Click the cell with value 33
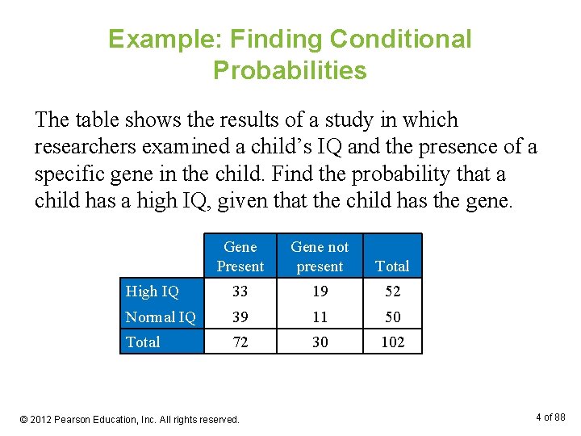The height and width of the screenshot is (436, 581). coord(240,291)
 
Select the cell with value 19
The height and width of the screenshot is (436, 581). coord(320,291)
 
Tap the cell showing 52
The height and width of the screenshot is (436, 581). coord(392,291)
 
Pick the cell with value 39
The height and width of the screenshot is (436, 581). coord(240,317)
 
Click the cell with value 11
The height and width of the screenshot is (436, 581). coord(320,317)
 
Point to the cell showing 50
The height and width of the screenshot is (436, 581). coord(392,317)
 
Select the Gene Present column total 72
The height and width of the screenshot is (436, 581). coord(240,342)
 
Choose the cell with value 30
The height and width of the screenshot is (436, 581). coord(320,342)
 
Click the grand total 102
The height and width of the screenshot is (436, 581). coord(392,342)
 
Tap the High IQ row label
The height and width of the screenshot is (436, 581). coord(153,291)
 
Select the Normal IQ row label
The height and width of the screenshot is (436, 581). coord(161,317)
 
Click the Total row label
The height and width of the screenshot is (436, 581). coord(143,342)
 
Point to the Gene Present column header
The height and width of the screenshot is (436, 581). coord(240,257)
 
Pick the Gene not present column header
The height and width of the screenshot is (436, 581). coord(320,257)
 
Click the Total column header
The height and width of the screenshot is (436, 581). coord(392,266)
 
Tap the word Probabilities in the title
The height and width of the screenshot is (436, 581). coord(290,71)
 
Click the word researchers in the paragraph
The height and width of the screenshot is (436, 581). coord(86,147)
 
